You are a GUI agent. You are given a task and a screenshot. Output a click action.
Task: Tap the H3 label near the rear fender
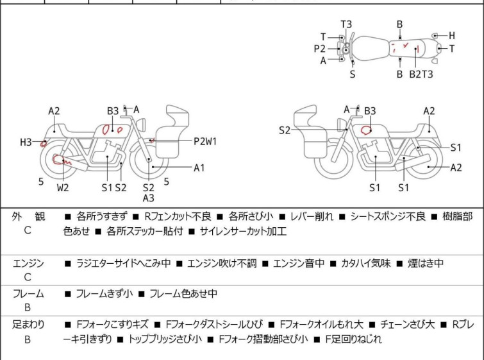click(25, 142)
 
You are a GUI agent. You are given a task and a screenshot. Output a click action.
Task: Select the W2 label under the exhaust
click(62, 188)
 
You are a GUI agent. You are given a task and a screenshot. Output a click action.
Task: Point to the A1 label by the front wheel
click(199, 168)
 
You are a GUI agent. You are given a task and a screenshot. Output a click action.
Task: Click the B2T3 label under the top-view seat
click(421, 74)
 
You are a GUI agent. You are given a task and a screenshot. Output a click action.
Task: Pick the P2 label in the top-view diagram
click(320, 49)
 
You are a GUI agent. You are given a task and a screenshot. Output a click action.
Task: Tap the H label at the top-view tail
click(451, 36)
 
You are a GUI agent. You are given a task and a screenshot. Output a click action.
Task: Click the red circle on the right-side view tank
click(367, 130)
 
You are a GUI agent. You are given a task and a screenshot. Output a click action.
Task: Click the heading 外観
click(28, 217)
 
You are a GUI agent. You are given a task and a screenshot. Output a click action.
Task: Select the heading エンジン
click(28, 263)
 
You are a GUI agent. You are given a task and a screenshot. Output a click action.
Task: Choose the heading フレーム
click(28, 294)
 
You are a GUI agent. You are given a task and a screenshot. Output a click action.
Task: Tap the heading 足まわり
click(28, 325)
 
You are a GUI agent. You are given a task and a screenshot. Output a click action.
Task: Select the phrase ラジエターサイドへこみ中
click(122, 263)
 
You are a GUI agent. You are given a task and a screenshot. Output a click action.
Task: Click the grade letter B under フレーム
click(28, 308)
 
